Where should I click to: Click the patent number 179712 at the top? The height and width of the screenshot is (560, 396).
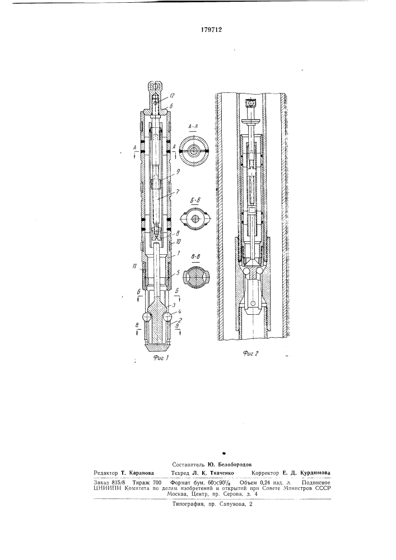point(211,30)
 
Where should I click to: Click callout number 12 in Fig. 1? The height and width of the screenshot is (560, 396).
point(172,95)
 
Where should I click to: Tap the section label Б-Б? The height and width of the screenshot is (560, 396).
point(195,202)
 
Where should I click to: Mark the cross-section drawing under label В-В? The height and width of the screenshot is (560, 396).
point(196,278)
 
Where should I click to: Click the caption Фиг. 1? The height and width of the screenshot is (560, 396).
point(161,358)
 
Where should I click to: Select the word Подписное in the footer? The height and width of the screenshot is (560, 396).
point(316,480)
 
